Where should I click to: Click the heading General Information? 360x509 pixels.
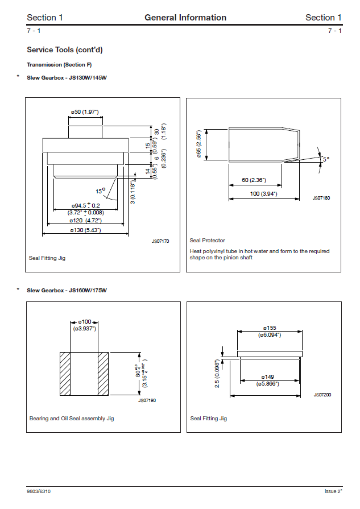(185, 18)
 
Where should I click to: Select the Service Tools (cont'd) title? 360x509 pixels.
(65, 50)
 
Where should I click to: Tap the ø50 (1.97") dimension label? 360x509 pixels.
(85, 112)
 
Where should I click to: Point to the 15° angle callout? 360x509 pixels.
(100, 191)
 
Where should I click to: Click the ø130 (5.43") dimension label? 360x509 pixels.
(85, 230)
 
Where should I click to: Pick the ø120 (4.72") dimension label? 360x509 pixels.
(85, 220)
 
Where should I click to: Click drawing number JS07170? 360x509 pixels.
(160, 241)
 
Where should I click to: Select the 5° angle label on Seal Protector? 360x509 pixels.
(326, 160)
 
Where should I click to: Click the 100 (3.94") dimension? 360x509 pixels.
(263, 194)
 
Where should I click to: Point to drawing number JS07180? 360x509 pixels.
(321, 198)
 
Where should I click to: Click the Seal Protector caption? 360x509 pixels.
(208, 241)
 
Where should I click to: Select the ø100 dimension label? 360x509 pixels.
(85, 322)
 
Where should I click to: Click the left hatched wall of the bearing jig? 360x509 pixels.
(65, 374)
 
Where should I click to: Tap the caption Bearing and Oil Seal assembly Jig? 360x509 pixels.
(72, 419)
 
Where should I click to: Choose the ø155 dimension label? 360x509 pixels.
(269, 328)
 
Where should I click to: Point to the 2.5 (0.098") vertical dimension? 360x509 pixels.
(217, 373)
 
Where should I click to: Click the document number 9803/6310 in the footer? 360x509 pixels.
(42, 490)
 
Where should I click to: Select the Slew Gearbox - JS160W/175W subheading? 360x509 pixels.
(67, 291)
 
